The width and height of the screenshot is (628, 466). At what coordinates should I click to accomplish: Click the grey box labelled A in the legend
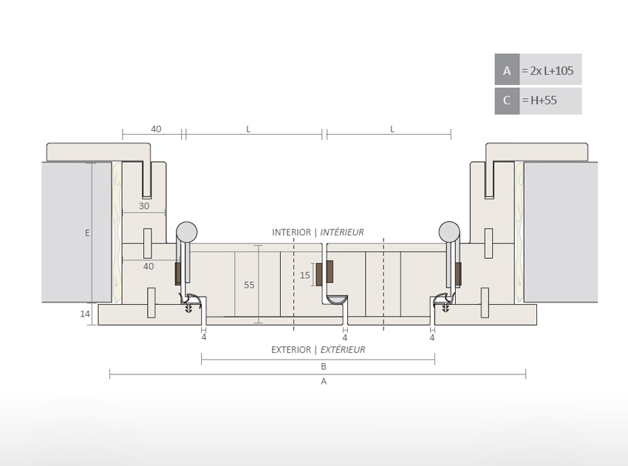(x=507, y=71)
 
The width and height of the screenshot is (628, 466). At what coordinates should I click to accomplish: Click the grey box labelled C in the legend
(x=507, y=101)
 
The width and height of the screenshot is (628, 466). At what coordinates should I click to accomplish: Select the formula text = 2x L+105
(x=547, y=71)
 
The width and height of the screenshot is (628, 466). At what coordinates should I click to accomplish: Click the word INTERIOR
(x=292, y=232)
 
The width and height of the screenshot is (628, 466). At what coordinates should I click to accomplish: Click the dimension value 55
(x=249, y=285)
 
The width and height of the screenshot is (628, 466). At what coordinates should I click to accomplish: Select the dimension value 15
(x=305, y=275)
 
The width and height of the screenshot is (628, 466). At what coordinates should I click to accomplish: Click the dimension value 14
(x=84, y=314)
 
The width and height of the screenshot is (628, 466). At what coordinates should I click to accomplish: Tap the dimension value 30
(x=143, y=206)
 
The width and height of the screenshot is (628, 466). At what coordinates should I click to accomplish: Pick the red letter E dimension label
(x=87, y=233)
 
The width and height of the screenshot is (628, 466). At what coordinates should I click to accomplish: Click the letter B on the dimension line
(x=324, y=366)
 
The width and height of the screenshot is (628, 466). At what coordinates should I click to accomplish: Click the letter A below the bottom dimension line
(x=324, y=382)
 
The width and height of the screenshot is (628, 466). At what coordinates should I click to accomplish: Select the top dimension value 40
(x=156, y=129)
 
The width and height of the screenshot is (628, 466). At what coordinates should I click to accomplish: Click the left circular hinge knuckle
(x=187, y=231)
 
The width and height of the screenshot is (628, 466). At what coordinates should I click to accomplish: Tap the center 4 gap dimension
(x=345, y=337)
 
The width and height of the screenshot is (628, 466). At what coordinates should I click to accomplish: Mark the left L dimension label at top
(x=248, y=129)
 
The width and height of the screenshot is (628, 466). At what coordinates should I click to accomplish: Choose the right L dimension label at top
(x=392, y=129)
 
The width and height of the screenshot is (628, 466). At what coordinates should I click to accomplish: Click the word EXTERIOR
(x=291, y=350)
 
